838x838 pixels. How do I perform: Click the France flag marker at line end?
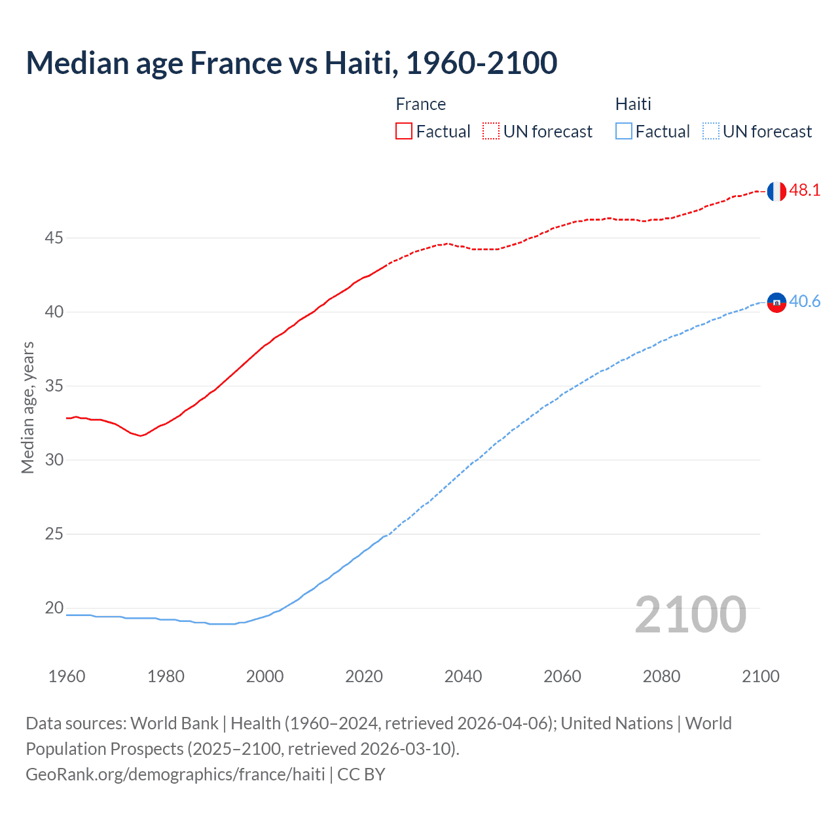pos(776,191)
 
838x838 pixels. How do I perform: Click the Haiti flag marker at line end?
pos(776,302)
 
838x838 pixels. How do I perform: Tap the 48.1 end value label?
pos(805,191)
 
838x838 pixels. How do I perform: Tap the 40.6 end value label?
pos(805,301)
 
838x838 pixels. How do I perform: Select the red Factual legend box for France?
pos(404,132)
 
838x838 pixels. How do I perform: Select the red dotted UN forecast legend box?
pos(491,132)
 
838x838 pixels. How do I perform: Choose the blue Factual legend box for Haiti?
pos(624,132)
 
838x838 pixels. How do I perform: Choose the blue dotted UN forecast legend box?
pos(710,132)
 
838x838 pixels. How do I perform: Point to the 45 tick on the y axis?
pos(54,238)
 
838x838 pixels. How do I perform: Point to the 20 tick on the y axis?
pos(54,608)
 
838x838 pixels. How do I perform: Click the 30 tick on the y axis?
pos(54,460)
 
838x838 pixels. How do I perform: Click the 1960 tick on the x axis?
pos(67,676)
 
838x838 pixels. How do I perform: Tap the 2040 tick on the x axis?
pos(463,676)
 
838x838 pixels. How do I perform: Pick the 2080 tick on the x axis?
pos(661,676)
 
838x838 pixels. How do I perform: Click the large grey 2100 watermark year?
pos(690,614)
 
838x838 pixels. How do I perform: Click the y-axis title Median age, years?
pos(27,407)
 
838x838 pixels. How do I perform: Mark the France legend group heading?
pos(420,104)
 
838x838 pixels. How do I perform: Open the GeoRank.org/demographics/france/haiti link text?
pos(175,774)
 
